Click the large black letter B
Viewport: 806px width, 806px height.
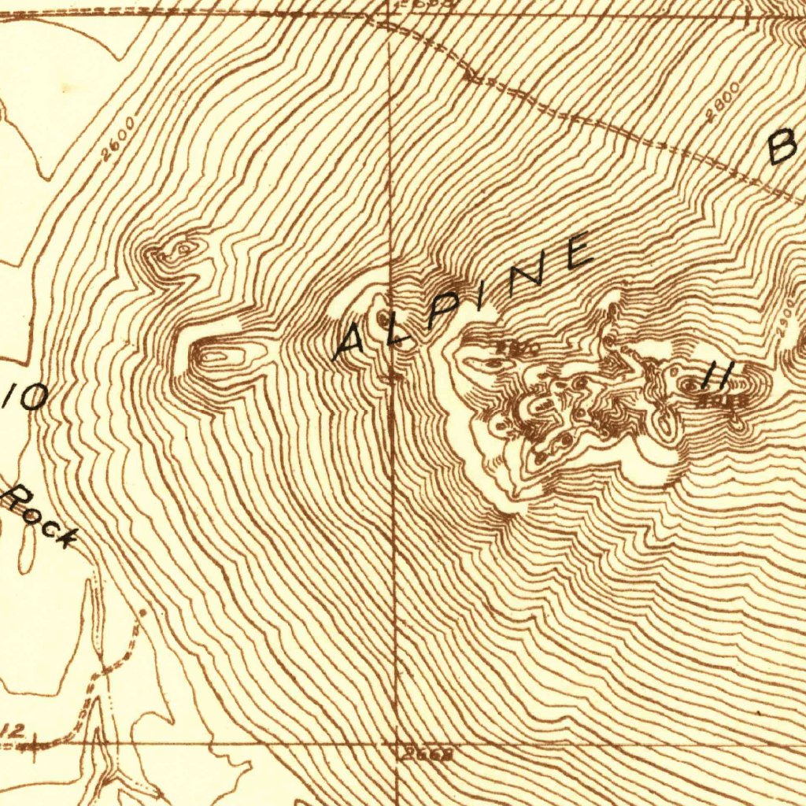[x=783, y=147]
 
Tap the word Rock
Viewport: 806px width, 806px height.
[x=43, y=517]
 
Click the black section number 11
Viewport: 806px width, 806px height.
[x=717, y=375]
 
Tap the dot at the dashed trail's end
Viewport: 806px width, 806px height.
[x=142, y=611]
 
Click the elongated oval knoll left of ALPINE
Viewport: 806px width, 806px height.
[x=213, y=356]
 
